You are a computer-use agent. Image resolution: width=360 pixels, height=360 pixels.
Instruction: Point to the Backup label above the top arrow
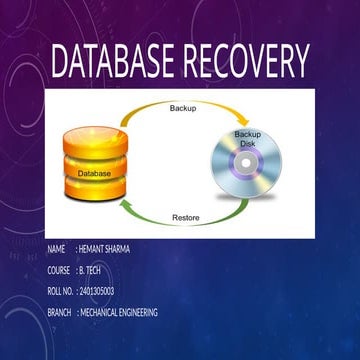point(184,107)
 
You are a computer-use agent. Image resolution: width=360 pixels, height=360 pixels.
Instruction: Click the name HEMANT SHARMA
point(104,248)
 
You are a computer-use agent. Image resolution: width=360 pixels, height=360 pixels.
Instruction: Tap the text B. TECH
point(92,270)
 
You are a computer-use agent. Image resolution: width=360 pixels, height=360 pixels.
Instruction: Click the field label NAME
point(56,248)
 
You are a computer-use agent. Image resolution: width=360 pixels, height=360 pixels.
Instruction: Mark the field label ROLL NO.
point(60,291)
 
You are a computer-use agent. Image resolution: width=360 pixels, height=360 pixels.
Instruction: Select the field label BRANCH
point(59,313)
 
